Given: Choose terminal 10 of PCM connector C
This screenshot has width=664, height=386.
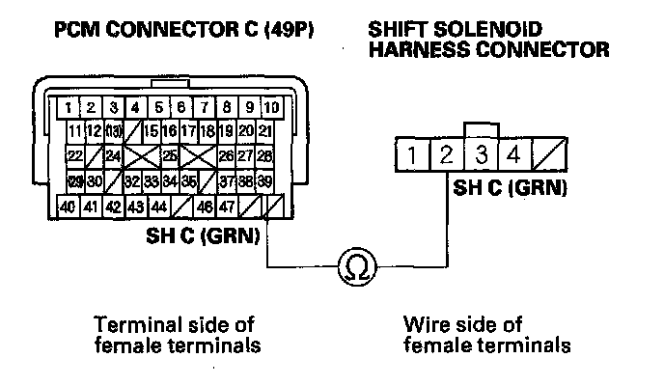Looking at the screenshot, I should [x=272, y=106].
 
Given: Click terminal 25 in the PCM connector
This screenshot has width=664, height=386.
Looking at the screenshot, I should [x=170, y=155].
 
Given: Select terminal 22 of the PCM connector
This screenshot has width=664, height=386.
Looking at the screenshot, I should [x=74, y=155].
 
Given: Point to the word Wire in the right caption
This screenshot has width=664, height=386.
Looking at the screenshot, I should [x=422, y=324].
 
